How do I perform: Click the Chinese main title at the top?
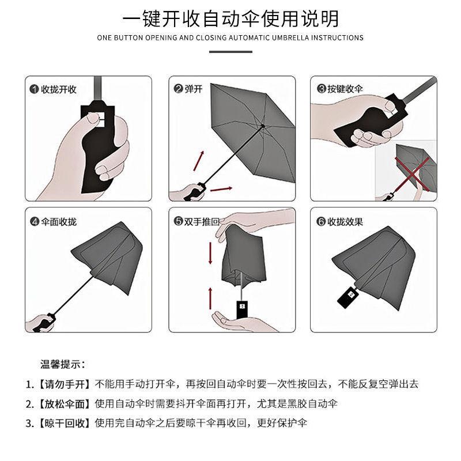tap(231, 18)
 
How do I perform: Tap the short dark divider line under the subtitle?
tap(231, 52)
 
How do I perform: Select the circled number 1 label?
tap(34, 89)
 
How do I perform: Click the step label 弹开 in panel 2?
tap(194, 89)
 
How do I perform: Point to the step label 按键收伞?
tap(345, 89)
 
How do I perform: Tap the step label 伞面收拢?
tap(59, 221)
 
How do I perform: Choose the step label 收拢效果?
tap(345, 221)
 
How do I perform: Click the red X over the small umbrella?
tap(412, 174)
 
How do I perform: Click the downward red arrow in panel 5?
tap(210, 253)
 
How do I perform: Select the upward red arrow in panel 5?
tap(210, 298)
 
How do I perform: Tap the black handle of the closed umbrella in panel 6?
tap(347, 297)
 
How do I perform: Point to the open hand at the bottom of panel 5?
tap(241, 322)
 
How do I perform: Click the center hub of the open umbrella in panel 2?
tap(263, 126)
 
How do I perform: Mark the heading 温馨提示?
tap(63, 364)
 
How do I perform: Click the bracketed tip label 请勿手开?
tap(65, 384)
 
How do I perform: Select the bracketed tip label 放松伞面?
tap(65, 404)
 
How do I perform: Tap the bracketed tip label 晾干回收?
tap(65, 423)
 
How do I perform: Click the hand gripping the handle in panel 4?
tap(40, 323)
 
